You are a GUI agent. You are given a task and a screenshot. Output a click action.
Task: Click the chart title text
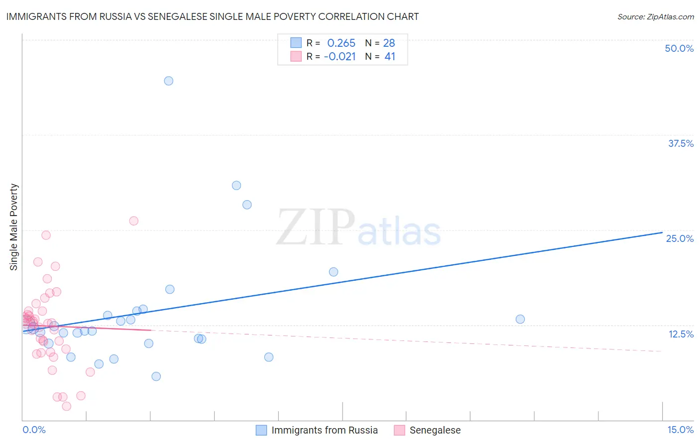(x=213, y=16)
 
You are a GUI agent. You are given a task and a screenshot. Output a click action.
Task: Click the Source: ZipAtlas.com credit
(x=655, y=16)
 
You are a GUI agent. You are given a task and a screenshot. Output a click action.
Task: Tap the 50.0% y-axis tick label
(x=679, y=48)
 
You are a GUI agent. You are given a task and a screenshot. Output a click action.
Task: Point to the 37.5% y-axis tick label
(x=681, y=143)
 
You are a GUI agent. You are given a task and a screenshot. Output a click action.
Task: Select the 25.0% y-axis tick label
(x=680, y=238)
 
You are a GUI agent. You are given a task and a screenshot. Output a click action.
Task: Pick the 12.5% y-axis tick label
(x=681, y=334)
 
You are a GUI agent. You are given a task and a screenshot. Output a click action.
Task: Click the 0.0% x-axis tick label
(x=34, y=430)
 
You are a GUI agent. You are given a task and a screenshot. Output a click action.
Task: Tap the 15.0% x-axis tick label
(x=680, y=430)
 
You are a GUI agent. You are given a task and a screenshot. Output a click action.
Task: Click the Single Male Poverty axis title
(x=14, y=227)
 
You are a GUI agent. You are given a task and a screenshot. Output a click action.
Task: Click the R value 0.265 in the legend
(x=341, y=43)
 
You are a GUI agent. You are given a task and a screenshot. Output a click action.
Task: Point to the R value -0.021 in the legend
(x=340, y=57)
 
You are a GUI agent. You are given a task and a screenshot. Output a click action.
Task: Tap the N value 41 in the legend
(x=390, y=57)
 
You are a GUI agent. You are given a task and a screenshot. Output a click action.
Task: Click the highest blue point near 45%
(x=169, y=81)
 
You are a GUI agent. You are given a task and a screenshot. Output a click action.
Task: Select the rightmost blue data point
(x=520, y=319)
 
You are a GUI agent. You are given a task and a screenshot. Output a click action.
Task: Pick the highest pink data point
(x=133, y=221)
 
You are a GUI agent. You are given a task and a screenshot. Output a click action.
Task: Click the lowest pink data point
(x=67, y=406)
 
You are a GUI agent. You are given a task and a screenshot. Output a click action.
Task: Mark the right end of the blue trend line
(x=662, y=232)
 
